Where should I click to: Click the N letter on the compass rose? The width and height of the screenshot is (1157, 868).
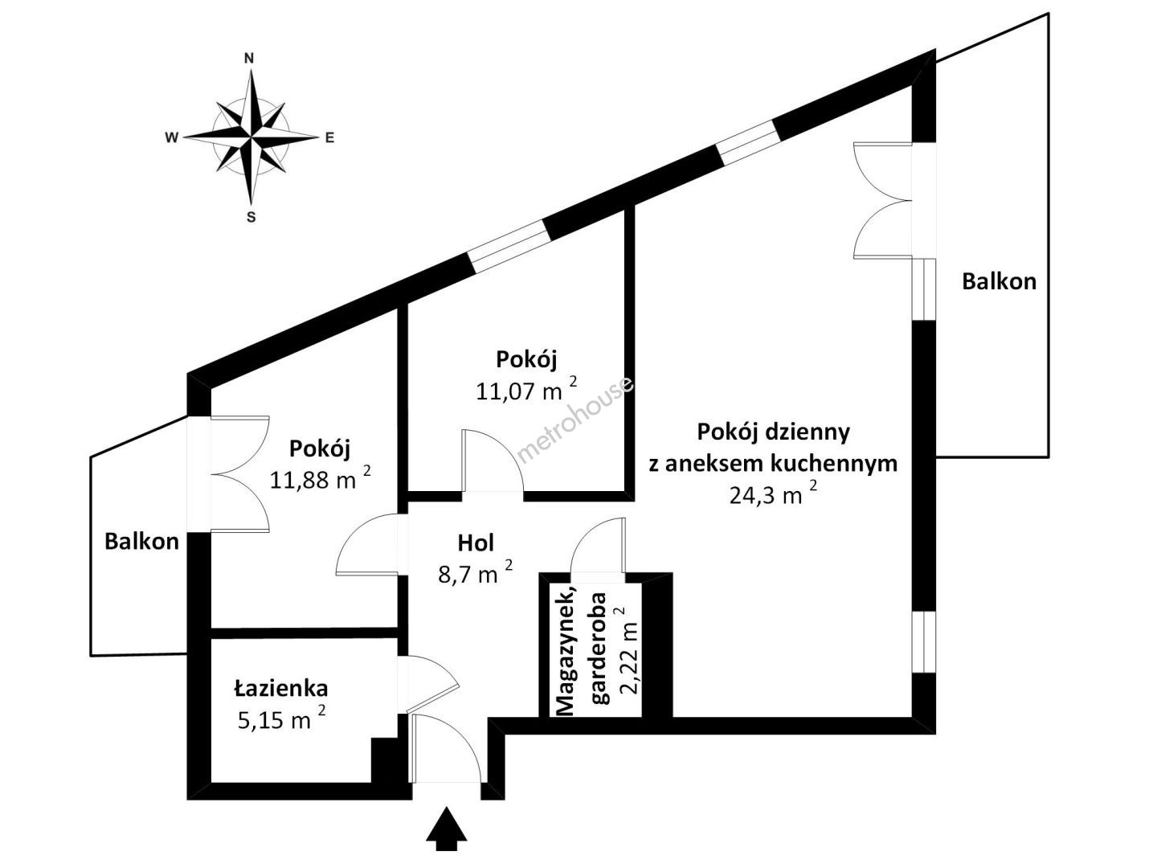[x=250, y=58]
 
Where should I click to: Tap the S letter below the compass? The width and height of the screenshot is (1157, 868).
[x=251, y=217]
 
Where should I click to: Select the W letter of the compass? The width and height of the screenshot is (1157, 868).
[x=171, y=137]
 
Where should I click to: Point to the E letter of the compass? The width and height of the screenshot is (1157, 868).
[x=329, y=137]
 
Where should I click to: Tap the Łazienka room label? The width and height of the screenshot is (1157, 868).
[x=281, y=688]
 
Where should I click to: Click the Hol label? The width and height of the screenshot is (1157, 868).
[x=476, y=542]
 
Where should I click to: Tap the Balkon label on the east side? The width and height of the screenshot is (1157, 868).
[x=1000, y=281]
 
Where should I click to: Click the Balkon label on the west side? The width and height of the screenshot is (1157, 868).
[x=141, y=541]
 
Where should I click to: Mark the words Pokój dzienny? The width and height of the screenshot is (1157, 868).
[x=773, y=432]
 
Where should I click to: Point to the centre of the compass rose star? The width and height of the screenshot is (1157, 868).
[x=251, y=137]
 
